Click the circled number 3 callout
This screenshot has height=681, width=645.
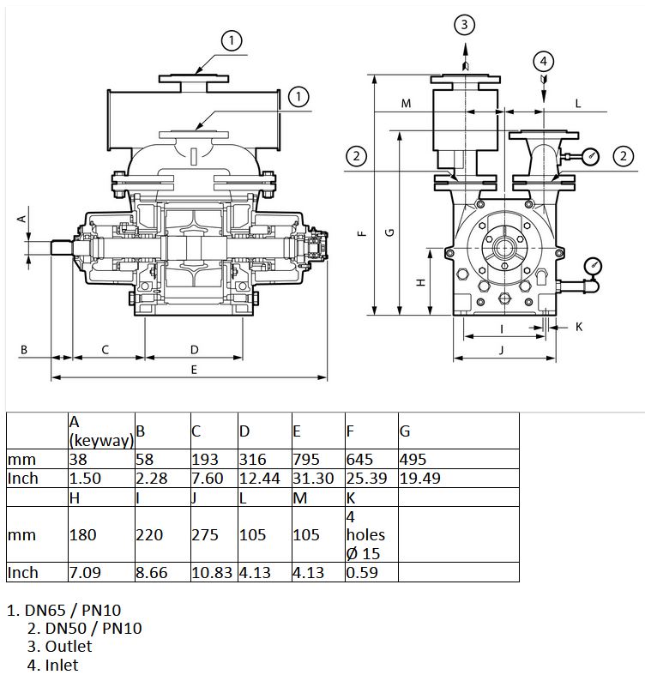pos(464,24)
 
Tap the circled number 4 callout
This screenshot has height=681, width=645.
pos(544,61)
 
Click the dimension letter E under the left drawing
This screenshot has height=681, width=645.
pos(194,370)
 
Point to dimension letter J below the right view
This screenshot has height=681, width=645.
pos(502,350)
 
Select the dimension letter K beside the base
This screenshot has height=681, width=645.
pos(579,327)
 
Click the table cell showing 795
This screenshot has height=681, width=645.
pos(318,459)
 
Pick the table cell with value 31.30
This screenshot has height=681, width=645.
pos(318,478)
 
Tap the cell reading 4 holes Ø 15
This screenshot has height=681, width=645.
pos(371,534)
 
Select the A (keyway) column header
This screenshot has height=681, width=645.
pos(101,431)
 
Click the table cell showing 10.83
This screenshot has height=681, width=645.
pos(214,572)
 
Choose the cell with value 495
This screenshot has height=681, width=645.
pos(458,459)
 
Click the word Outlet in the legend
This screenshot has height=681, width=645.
pos(69,646)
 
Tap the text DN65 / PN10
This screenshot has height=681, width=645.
pos(73,610)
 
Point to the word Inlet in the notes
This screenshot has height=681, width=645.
pos(62,665)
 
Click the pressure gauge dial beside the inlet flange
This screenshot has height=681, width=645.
pos(591,156)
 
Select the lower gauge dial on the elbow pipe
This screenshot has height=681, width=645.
pos(594,265)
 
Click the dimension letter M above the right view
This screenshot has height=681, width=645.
pos(406,104)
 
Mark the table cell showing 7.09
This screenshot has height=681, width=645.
pos(101,572)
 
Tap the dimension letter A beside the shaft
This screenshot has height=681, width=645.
pos(21,219)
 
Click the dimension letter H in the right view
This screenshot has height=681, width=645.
pos(420,282)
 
